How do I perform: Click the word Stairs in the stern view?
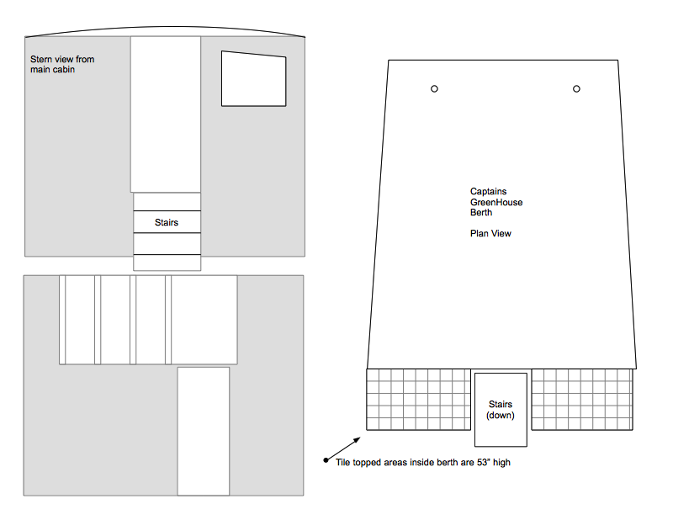[167, 222]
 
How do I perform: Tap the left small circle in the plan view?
[434, 89]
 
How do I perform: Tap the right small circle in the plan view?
[576, 89]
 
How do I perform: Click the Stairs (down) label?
[501, 410]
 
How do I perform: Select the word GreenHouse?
[496, 202]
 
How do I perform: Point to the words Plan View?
[490, 234]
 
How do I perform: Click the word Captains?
[489, 192]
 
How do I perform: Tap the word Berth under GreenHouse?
[481, 213]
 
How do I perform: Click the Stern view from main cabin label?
[62, 65]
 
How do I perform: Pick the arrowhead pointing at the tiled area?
[357, 440]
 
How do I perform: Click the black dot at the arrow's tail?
[326, 461]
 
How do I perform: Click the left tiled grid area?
[418, 400]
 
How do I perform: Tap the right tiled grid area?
[582, 400]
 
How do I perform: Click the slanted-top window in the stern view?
[254, 79]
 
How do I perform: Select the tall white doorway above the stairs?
[166, 114]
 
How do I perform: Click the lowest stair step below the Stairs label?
[167, 263]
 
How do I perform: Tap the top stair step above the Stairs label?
[167, 202]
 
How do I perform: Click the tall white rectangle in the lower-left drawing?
[204, 431]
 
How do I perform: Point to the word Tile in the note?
[343, 463]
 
